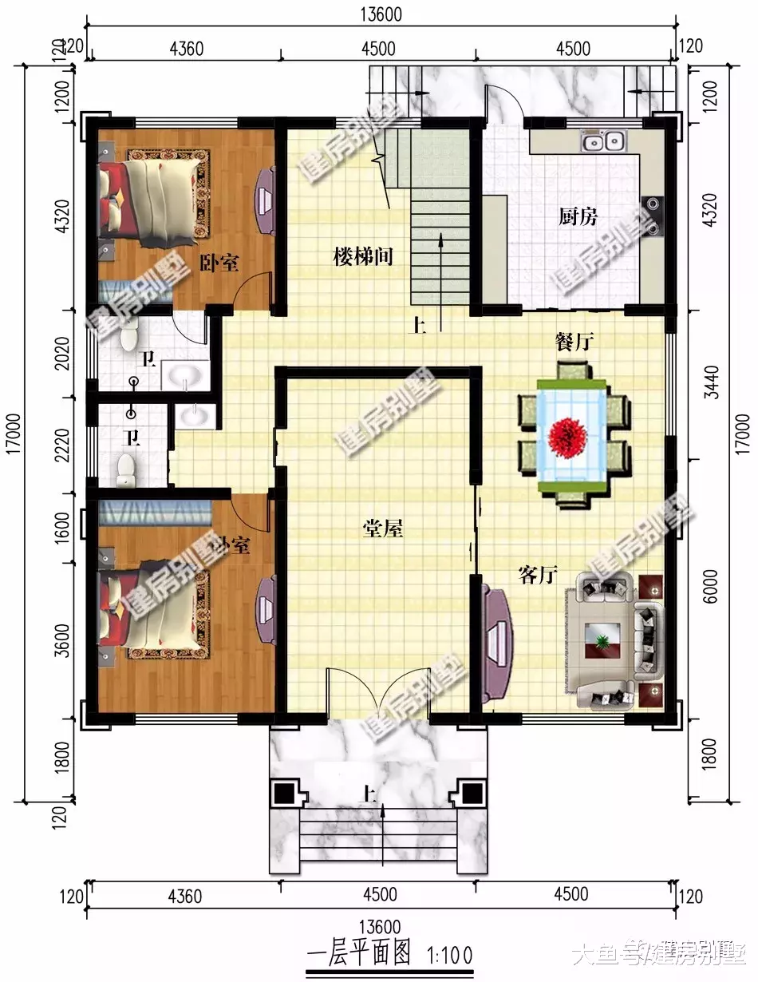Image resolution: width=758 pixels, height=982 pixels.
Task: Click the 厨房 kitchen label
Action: pyautogui.click(x=578, y=216)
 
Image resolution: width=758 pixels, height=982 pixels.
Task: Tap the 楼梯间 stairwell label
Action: pyautogui.click(x=363, y=257)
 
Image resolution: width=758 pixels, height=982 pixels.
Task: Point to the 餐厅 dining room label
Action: pyautogui.click(x=574, y=342)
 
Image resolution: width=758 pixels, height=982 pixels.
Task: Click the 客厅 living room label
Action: pyautogui.click(x=537, y=575)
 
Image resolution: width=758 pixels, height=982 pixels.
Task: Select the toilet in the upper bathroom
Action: pyautogui.click(x=128, y=338)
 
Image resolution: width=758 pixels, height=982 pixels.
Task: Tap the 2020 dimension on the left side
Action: pyautogui.click(x=65, y=353)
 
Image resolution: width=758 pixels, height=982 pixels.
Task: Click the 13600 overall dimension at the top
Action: pyautogui.click(x=379, y=14)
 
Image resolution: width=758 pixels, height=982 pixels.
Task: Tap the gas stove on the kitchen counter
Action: pyautogui.click(x=654, y=216)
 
